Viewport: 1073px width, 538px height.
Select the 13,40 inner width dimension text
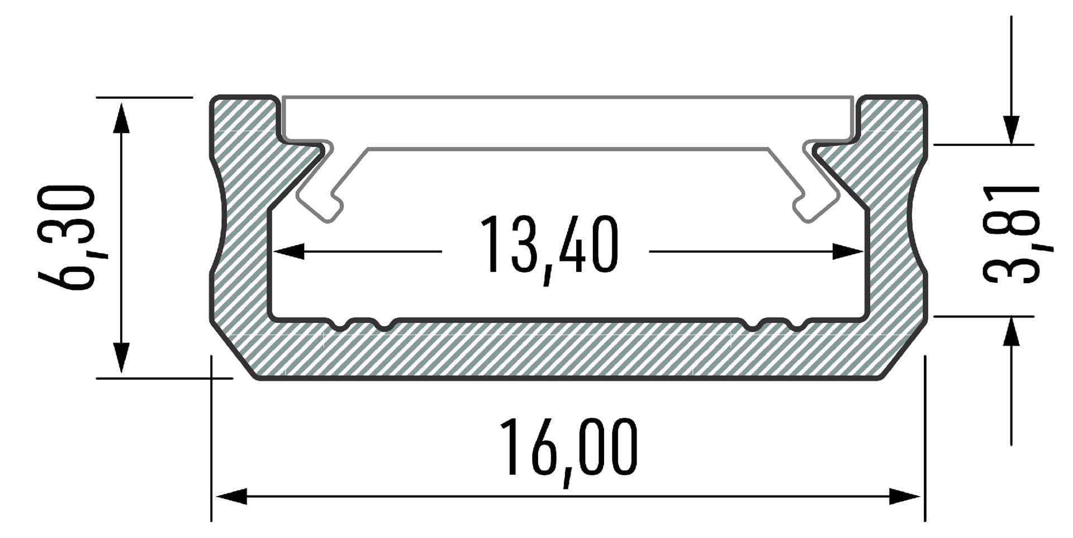coord(549,246)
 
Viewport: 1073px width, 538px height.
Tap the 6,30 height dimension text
coord(66,238)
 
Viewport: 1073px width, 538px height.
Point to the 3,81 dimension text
coord(1012,235)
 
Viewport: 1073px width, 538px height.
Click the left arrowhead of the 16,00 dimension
coord(231,496)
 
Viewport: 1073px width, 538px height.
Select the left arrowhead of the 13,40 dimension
coord(288,251)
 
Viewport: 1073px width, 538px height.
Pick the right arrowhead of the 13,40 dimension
coord(847,251)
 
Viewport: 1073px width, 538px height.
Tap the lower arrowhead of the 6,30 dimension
coord(121,358)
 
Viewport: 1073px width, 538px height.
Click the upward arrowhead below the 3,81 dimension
coord(1011,332)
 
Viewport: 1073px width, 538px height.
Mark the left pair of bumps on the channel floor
coord(361,324)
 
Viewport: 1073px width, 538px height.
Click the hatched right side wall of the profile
coord(894,235)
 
